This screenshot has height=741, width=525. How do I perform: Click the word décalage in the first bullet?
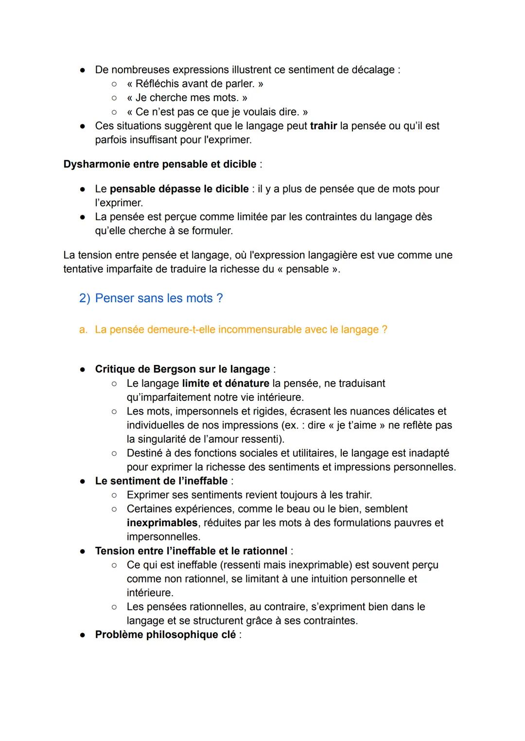pyautogui.click(x=372, y=70)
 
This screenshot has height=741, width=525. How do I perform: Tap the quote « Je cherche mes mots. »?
pyautogui.click(x=187, y=98)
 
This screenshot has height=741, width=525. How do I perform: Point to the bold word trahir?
pyautogui.click(x=323, y=126)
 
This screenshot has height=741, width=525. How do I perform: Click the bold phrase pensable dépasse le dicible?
pyautogui.click(x=179, y=189)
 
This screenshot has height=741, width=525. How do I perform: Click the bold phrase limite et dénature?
pyautogui.click(x=226, y=383)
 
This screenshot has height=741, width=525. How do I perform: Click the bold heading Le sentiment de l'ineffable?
pyautogui.click(x=161, y=481)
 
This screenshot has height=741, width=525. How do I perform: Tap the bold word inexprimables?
pyautogui.click(x=162, y=523)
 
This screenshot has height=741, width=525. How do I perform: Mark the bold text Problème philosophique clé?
pyautogui.click(x=165, y=635)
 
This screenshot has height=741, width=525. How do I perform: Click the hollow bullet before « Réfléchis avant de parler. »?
pyautogui.click(x=114, y=84)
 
